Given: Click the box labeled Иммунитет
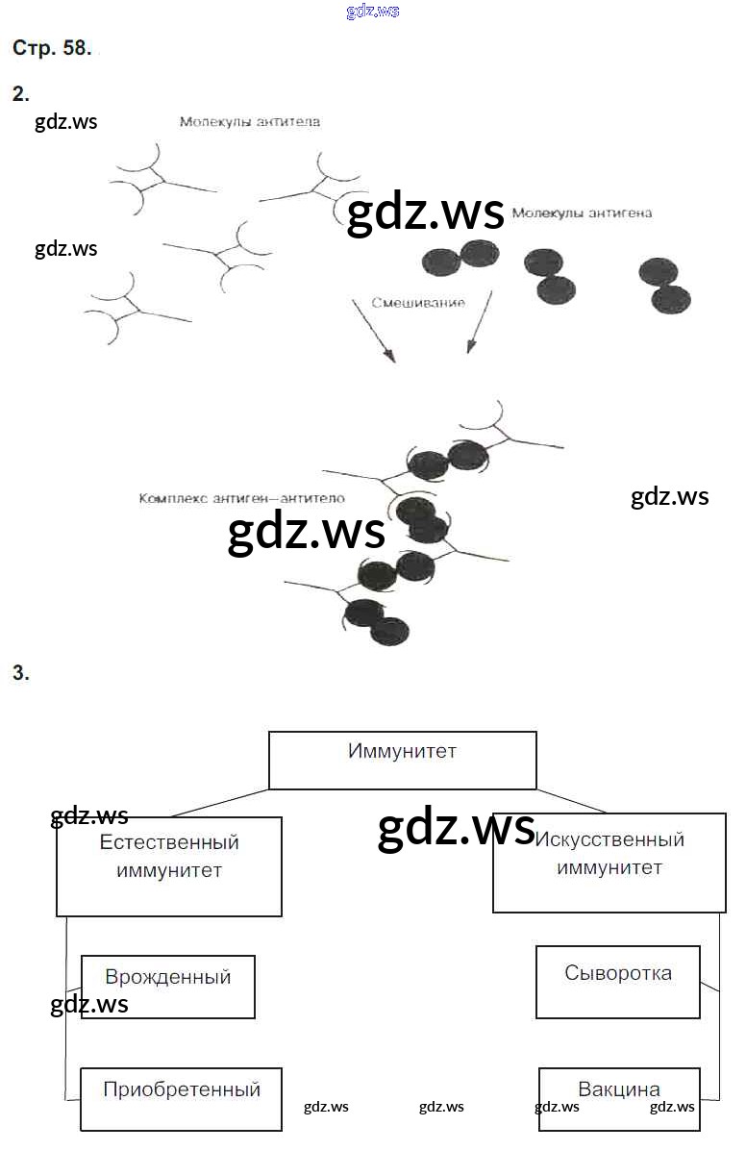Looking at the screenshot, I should (x=402, y=760).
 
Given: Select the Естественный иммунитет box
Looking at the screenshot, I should (x=169, y=865).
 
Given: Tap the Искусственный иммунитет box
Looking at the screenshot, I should (x=609, y=863).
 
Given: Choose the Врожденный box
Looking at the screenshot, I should (x=168, y=987).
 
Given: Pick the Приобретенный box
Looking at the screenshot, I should (x=181, y=1098).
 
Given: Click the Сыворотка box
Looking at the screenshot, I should (x=617, y=982).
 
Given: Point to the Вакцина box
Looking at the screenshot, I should (x=618, y=1098).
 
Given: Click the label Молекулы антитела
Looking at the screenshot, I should (x=249, y=122).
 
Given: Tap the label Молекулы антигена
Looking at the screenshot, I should (x=581, y=213).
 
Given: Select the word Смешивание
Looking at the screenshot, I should (x=419, y=302).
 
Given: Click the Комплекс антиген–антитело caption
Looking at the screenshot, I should (x=241, y=499).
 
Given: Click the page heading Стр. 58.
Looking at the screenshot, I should (x=52, y=49).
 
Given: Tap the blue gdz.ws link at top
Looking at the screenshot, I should (x=372, y=12).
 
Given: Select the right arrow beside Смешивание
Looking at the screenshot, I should (x=479, y=322).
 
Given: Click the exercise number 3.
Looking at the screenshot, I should (x=20, y=673).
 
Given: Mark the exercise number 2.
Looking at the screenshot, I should (x=20, y=93).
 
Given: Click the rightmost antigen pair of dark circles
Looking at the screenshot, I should (x=664, y=285).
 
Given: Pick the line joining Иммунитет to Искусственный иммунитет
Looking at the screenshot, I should (x=572, y=801).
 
